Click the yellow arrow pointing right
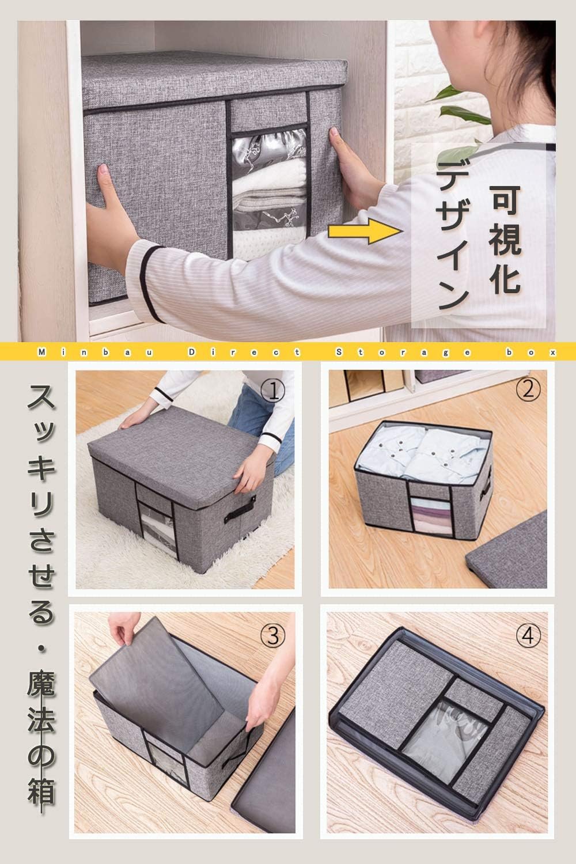[x=364, y=232]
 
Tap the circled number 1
[x=273, y=391]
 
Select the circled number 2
[x=528, y=389]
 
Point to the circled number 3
[x=273, y=636]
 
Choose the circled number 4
[x=528, y=636]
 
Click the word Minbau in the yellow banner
[x=96, y=352]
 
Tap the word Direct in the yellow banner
[x=244, y=352]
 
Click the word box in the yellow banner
[x=531, y=352]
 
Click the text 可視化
[x=505, y=239]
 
